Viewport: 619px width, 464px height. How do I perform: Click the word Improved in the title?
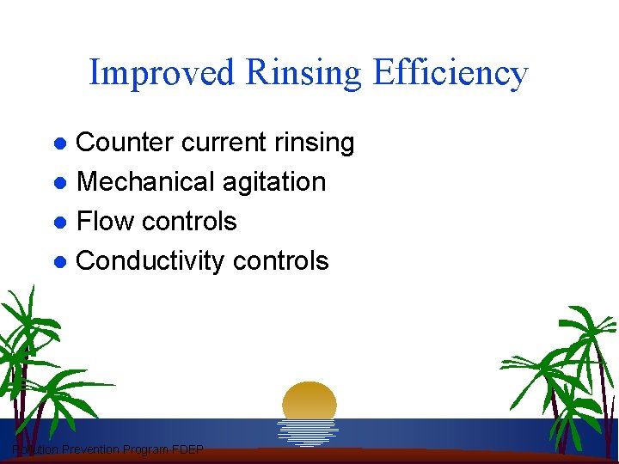pyautogui.click(x=162, y=73)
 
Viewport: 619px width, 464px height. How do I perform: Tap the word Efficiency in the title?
pyautogui.click(x=450, y=73)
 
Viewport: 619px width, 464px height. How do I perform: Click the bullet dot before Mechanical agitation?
pyautogui.click(x=60, y=183)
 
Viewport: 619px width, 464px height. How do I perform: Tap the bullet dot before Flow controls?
pyautogui.click(x=60, y=223)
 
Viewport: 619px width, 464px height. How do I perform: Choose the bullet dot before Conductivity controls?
pyautogui.click(x=60, y=262)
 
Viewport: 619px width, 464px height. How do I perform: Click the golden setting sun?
pyautogui.click(x=309, y=400)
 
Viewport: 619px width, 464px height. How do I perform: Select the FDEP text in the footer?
pyautogui.click(x=187, y=450)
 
